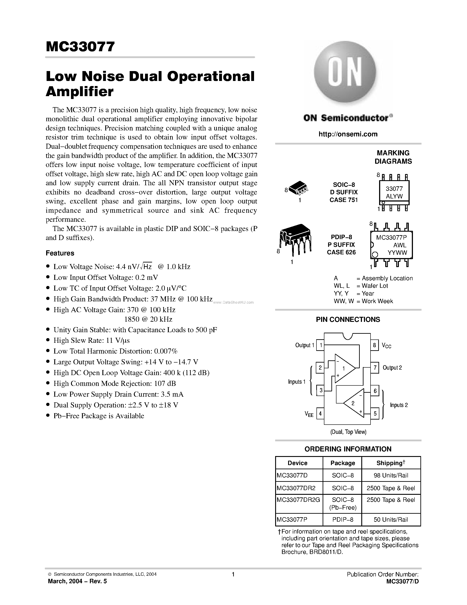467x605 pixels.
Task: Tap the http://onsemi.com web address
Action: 348,134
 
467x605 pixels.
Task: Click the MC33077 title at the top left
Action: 80,47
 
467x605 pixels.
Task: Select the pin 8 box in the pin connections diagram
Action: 374,345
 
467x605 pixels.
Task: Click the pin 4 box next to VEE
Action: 320,414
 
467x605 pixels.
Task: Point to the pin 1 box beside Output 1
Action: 320,345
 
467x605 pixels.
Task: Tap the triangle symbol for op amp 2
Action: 354,403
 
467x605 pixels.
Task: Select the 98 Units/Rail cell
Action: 391,475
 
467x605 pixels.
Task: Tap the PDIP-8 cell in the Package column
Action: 343,520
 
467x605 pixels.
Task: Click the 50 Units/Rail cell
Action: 391,520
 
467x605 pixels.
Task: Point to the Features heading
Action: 60,253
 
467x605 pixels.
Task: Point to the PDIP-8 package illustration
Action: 295,239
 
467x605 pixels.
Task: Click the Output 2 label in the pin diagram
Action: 392,368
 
